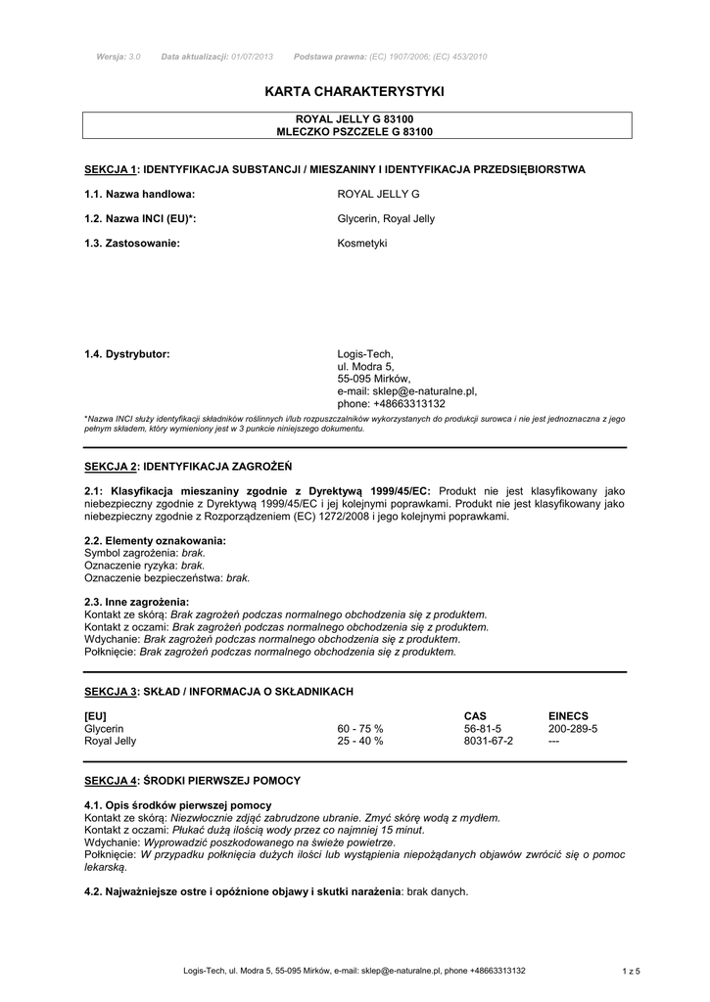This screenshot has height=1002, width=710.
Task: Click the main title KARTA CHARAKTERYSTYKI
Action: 355,91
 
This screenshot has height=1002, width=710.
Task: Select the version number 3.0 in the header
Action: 135,57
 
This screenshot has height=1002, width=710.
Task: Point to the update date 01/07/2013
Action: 252,57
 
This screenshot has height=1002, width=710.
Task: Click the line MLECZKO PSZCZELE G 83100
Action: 355,131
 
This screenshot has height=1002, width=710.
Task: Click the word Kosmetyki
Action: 362,243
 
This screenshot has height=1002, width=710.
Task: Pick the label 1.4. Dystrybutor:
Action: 127,353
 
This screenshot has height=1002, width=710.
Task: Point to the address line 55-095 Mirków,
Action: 374,379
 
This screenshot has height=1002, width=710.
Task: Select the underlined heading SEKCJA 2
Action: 112,466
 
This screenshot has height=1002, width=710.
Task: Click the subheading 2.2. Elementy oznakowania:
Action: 156,540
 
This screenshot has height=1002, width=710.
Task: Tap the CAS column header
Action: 475,716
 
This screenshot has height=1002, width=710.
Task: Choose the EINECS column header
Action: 568,716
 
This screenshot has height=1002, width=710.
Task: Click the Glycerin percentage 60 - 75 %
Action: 360,729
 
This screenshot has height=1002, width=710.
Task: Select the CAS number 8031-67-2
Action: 489,742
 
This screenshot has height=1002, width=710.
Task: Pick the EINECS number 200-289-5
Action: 573,729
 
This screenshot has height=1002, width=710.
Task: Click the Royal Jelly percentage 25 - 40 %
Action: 360,742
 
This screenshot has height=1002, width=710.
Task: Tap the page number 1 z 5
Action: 631,971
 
